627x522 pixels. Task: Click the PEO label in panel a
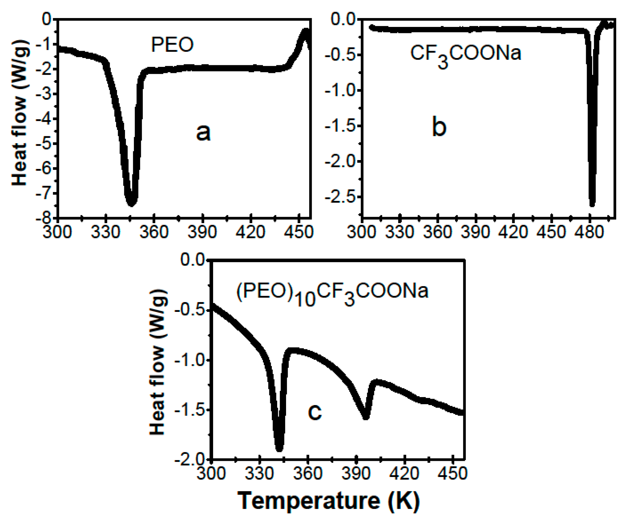point(172,45)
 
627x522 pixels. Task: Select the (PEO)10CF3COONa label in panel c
point(332,292)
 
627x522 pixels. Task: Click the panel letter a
point(203,132)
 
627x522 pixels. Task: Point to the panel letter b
point(439,127)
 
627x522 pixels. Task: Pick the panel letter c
point(315,412)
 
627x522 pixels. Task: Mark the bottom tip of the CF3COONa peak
point(592,204)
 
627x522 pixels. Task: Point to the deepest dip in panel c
point(279,449)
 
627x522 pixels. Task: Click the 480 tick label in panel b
point(589,232)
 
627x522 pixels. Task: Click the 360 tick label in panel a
point(154,232)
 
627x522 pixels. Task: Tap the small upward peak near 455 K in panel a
point(306,31)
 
